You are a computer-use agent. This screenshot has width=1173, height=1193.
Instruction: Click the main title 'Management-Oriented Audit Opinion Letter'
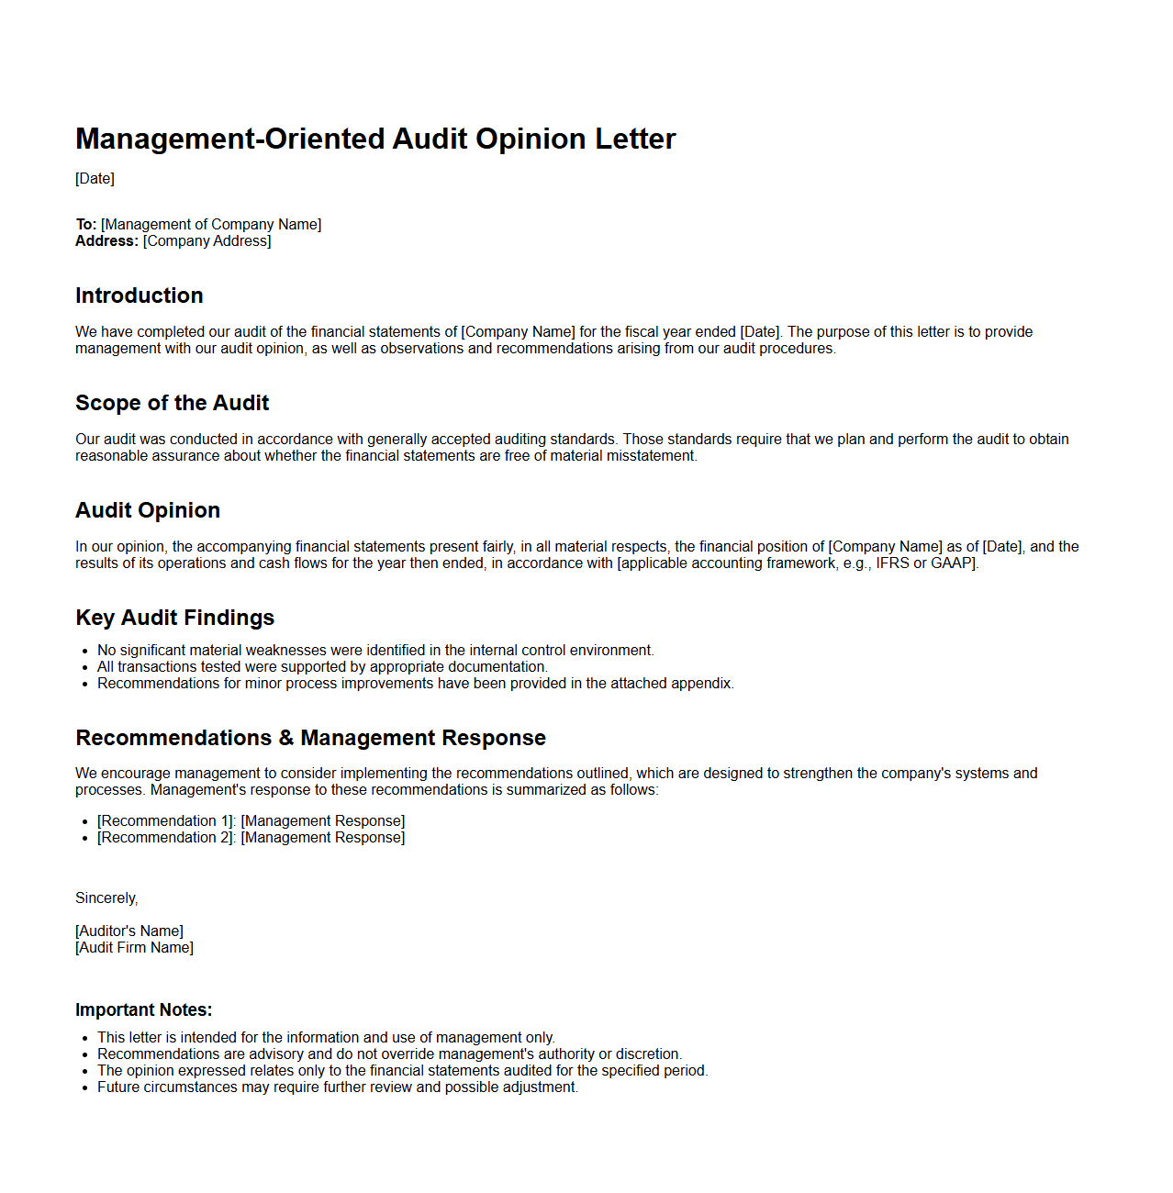(x=375, y=139)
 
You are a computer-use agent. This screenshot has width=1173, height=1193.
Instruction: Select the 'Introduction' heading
(x=140, y=295)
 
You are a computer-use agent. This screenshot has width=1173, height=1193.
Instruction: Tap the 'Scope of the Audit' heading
(x=173, y=403)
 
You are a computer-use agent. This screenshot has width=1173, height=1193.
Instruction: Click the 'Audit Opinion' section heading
(x=148, y=510)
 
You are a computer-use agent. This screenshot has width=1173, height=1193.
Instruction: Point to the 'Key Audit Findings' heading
(x=175, y=618)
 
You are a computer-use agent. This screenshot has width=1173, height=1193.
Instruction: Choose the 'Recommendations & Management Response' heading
(x=310, y=738)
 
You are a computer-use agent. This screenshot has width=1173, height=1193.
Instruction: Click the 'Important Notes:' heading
(x=144, y=1009)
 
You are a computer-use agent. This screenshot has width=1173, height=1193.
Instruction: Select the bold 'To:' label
(x=86, y=225)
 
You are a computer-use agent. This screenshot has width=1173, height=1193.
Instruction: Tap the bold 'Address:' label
(x=106, y=241)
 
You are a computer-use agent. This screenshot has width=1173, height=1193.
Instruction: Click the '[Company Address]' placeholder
(x=207, y=241)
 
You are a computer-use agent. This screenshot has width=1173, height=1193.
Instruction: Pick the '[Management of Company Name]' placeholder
(x=211, y=225)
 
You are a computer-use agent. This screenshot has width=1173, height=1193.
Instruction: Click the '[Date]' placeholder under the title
(x=95, y=179)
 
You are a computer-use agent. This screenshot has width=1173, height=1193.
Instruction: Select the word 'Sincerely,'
(x=106, y=898)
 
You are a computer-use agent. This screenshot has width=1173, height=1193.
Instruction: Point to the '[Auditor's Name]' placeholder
(x=129, y=931)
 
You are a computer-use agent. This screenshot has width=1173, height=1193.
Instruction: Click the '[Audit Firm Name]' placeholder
(x=134, y=948)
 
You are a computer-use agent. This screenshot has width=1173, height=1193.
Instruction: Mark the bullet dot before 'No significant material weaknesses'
(x=85, y=651)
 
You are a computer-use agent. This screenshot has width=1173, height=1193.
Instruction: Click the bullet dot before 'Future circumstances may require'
(x=85, y=1087)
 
